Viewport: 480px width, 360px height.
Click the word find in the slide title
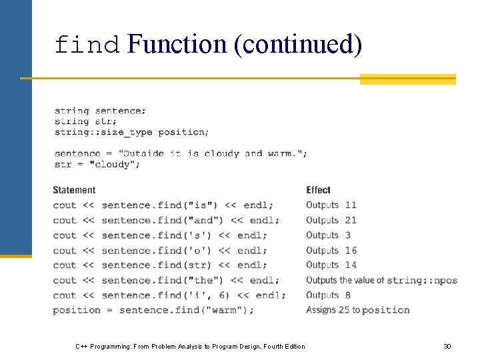point(87,45)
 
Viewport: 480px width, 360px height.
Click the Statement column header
point(74,190)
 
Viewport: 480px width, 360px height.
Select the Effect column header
point(318,190)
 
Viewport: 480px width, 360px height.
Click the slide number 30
point(447,346)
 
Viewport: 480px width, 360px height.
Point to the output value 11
point(351,205)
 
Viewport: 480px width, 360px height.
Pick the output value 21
point(351,220)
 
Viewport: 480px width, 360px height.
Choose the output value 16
point(351,251)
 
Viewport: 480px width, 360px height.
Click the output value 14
point(351,265)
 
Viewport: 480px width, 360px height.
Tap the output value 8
point(348,295)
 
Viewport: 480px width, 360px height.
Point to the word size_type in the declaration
point(125,132)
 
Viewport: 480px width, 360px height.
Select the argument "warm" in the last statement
point(229,310)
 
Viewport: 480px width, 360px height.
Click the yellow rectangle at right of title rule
point(407,79)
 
